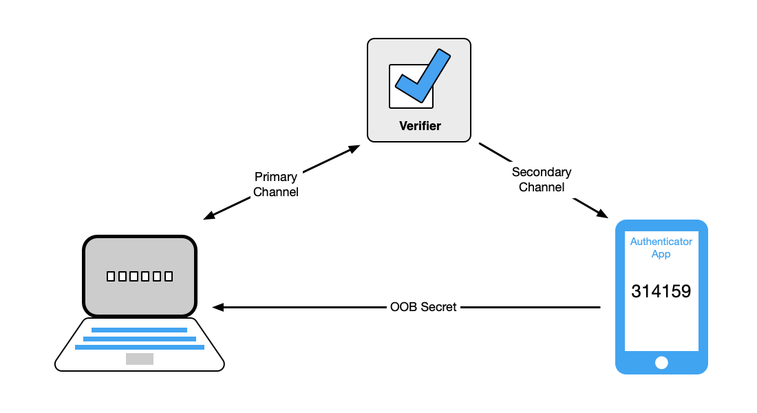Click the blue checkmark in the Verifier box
[421, 78]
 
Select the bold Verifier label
[419, 126]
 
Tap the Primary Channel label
[276, 184]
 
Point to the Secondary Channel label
[542, 179]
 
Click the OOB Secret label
[423, 307]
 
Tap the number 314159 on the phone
[661, 291]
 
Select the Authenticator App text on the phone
[661, 248]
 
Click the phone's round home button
[661, 362]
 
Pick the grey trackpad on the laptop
[140, 359]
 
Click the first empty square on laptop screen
[111, 277]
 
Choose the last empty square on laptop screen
[168, 277]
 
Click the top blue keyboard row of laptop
[140, 330]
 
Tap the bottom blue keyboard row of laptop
[140, 347]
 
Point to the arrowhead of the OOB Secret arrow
[218, 307]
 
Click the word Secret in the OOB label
[438, 307]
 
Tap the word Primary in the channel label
[276, 177]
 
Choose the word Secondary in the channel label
[542, 171]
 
